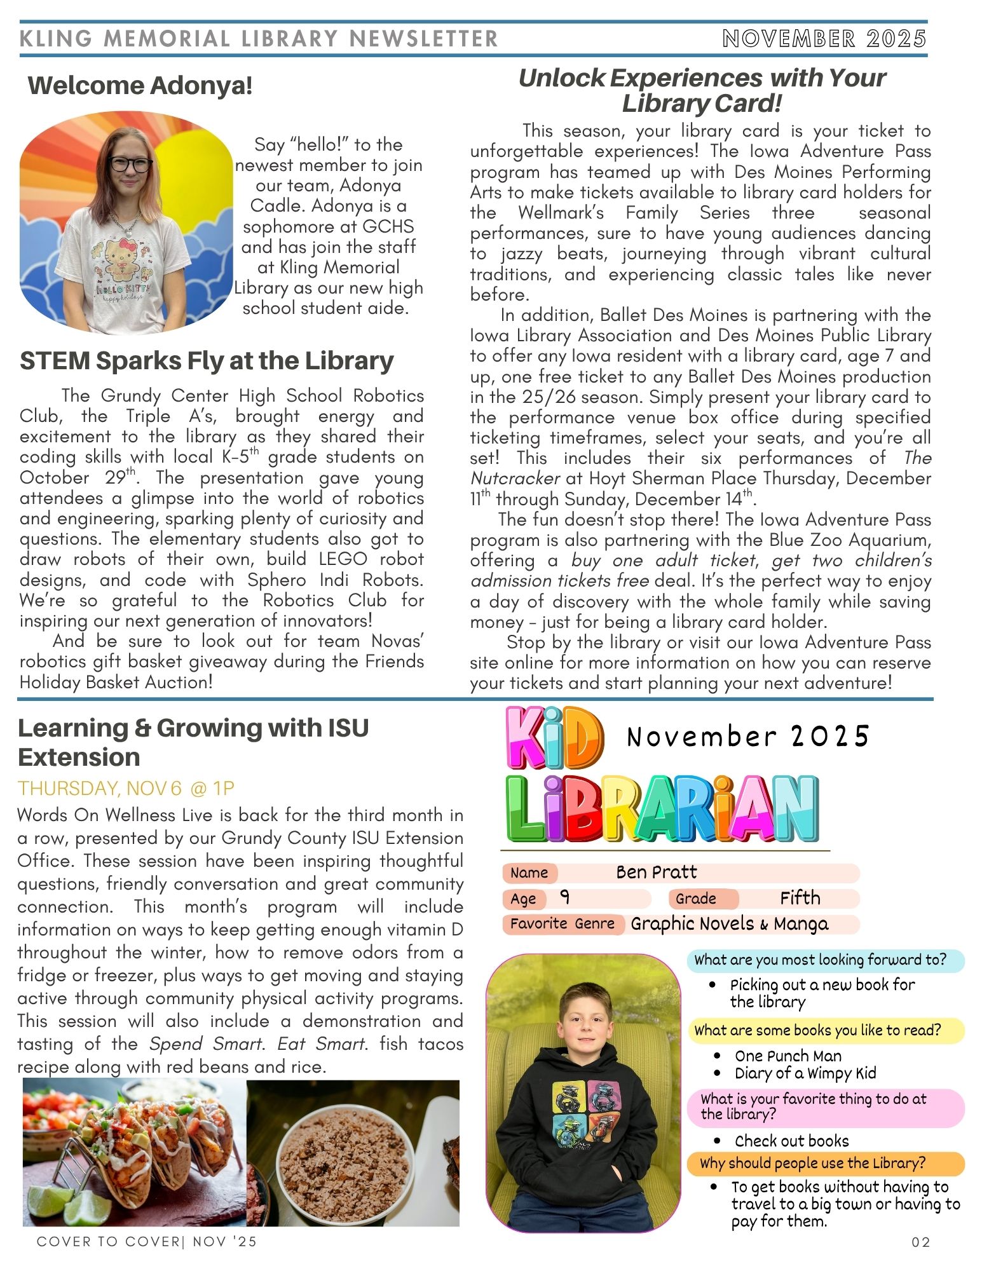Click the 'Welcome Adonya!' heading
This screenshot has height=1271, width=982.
[140, 86]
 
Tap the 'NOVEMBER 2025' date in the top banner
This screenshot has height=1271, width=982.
[824, 39]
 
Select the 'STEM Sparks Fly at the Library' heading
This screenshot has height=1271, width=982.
[207, 361]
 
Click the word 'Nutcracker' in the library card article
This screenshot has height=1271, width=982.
[515, 479]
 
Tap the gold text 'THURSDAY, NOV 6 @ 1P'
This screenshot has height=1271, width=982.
[126, 789]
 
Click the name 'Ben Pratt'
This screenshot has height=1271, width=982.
[656, 873]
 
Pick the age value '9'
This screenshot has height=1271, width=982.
[565, 898]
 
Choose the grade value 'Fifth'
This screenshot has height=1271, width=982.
[800, 898]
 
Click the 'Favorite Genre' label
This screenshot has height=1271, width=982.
[562, 924]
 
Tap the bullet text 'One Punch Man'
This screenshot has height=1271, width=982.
[788, 1056]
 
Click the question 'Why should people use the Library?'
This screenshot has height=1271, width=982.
[812, 1164]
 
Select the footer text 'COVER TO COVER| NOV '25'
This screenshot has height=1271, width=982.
[147, 1242]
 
